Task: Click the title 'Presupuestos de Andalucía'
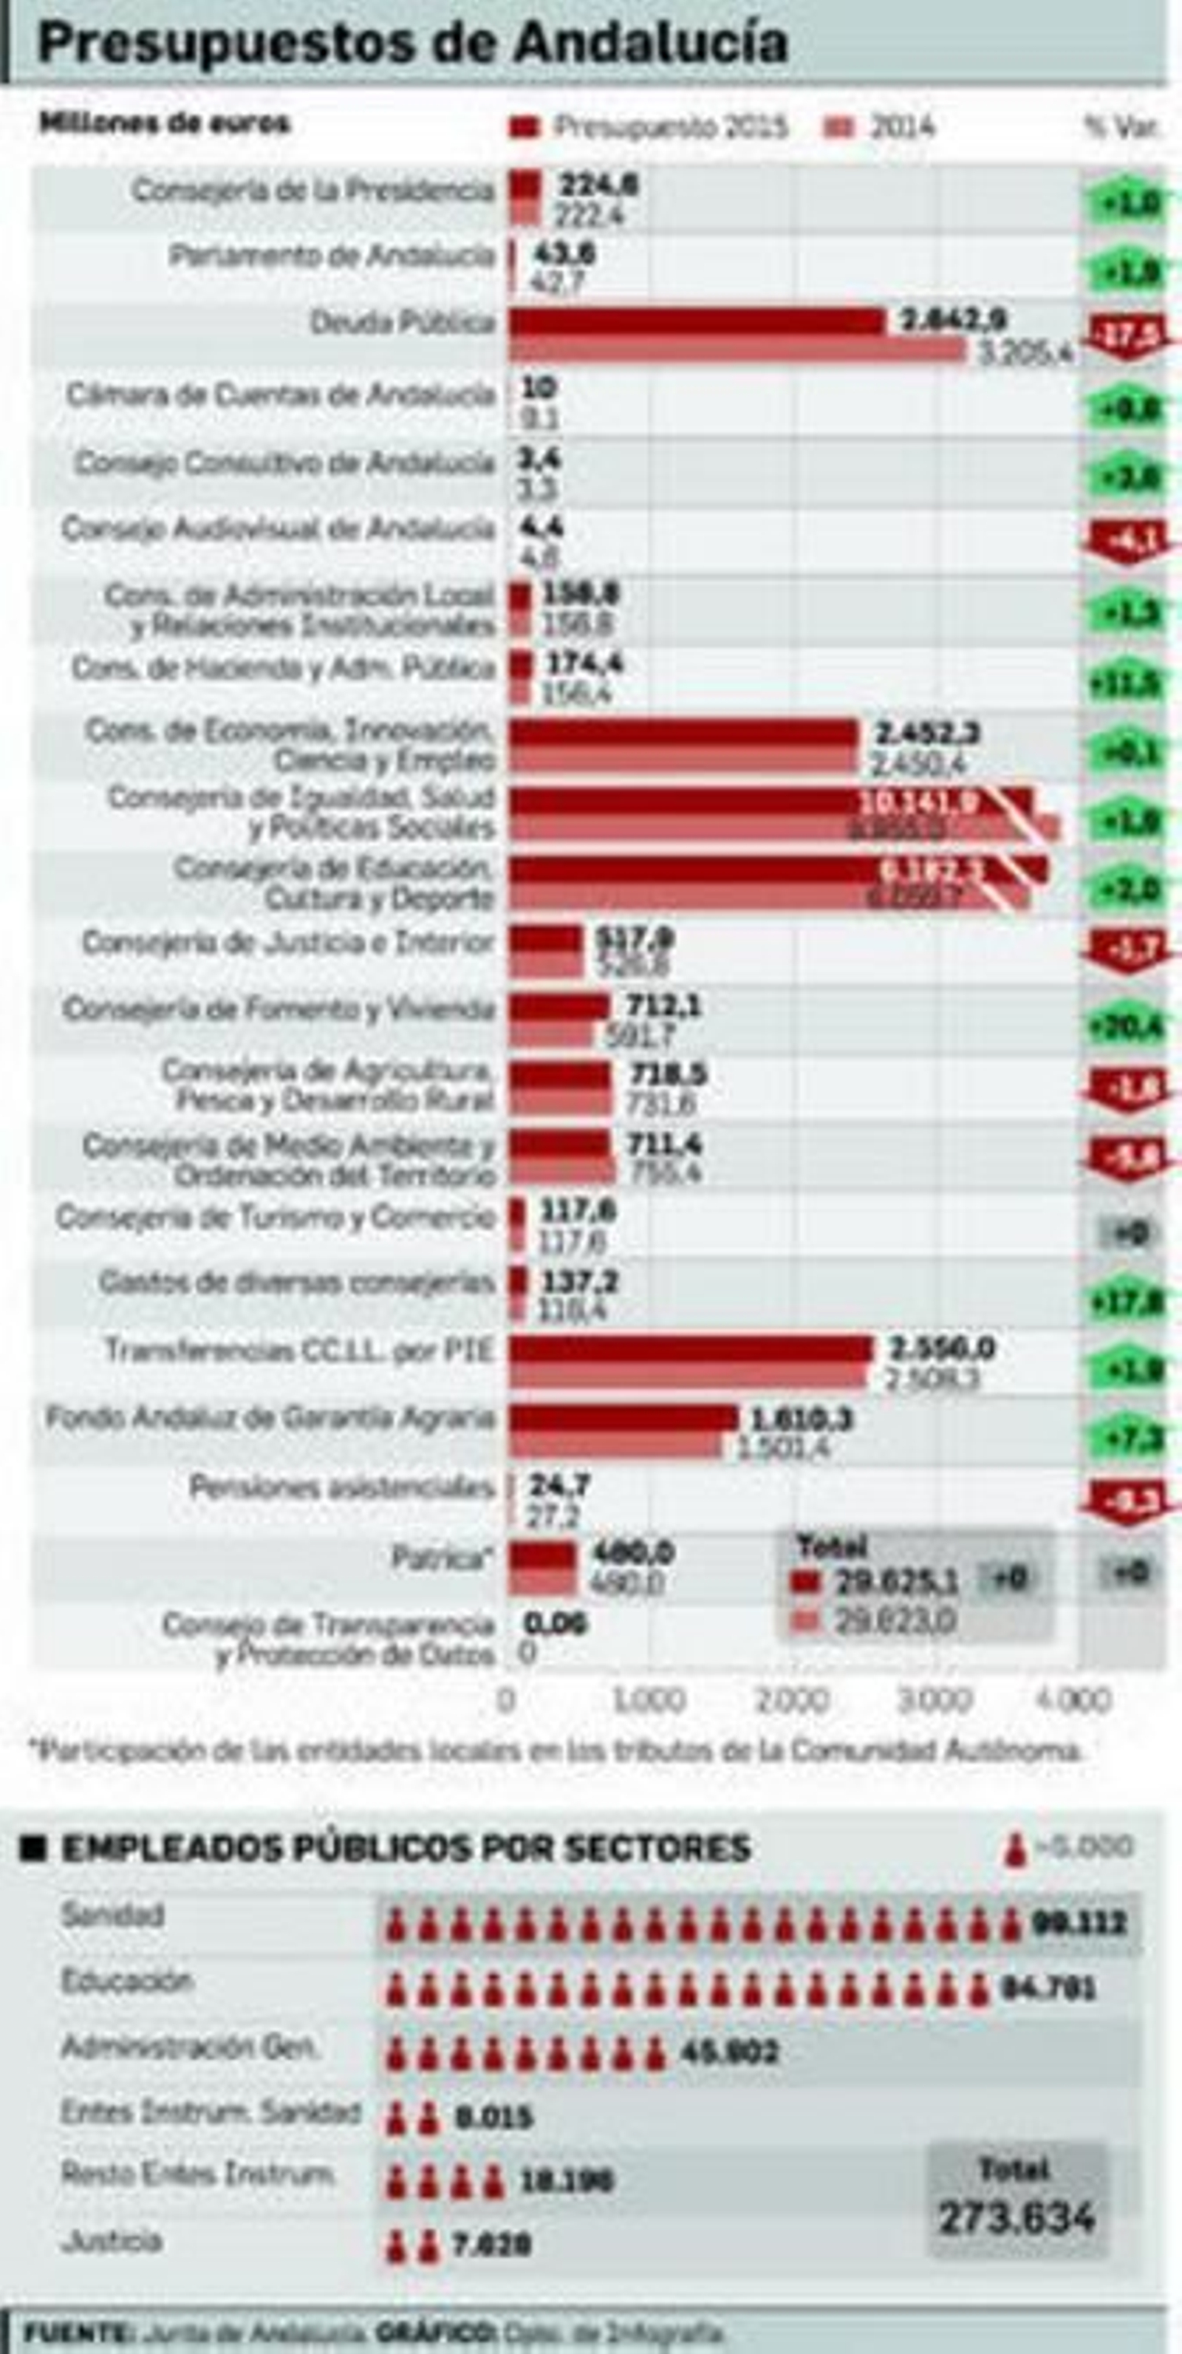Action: point(412,43)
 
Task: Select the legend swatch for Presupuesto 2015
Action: point(525,126)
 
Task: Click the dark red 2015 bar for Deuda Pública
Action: point(696,321)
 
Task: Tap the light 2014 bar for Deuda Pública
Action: point(737,351)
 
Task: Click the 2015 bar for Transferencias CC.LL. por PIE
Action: point(691,1349)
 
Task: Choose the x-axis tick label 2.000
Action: point(791,1699)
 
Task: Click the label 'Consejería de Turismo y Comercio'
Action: point(275,1217)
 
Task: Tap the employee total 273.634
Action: point(1017,2217)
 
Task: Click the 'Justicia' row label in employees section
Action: point(112,2241)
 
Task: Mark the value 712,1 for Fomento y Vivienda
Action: point(664,1007)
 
